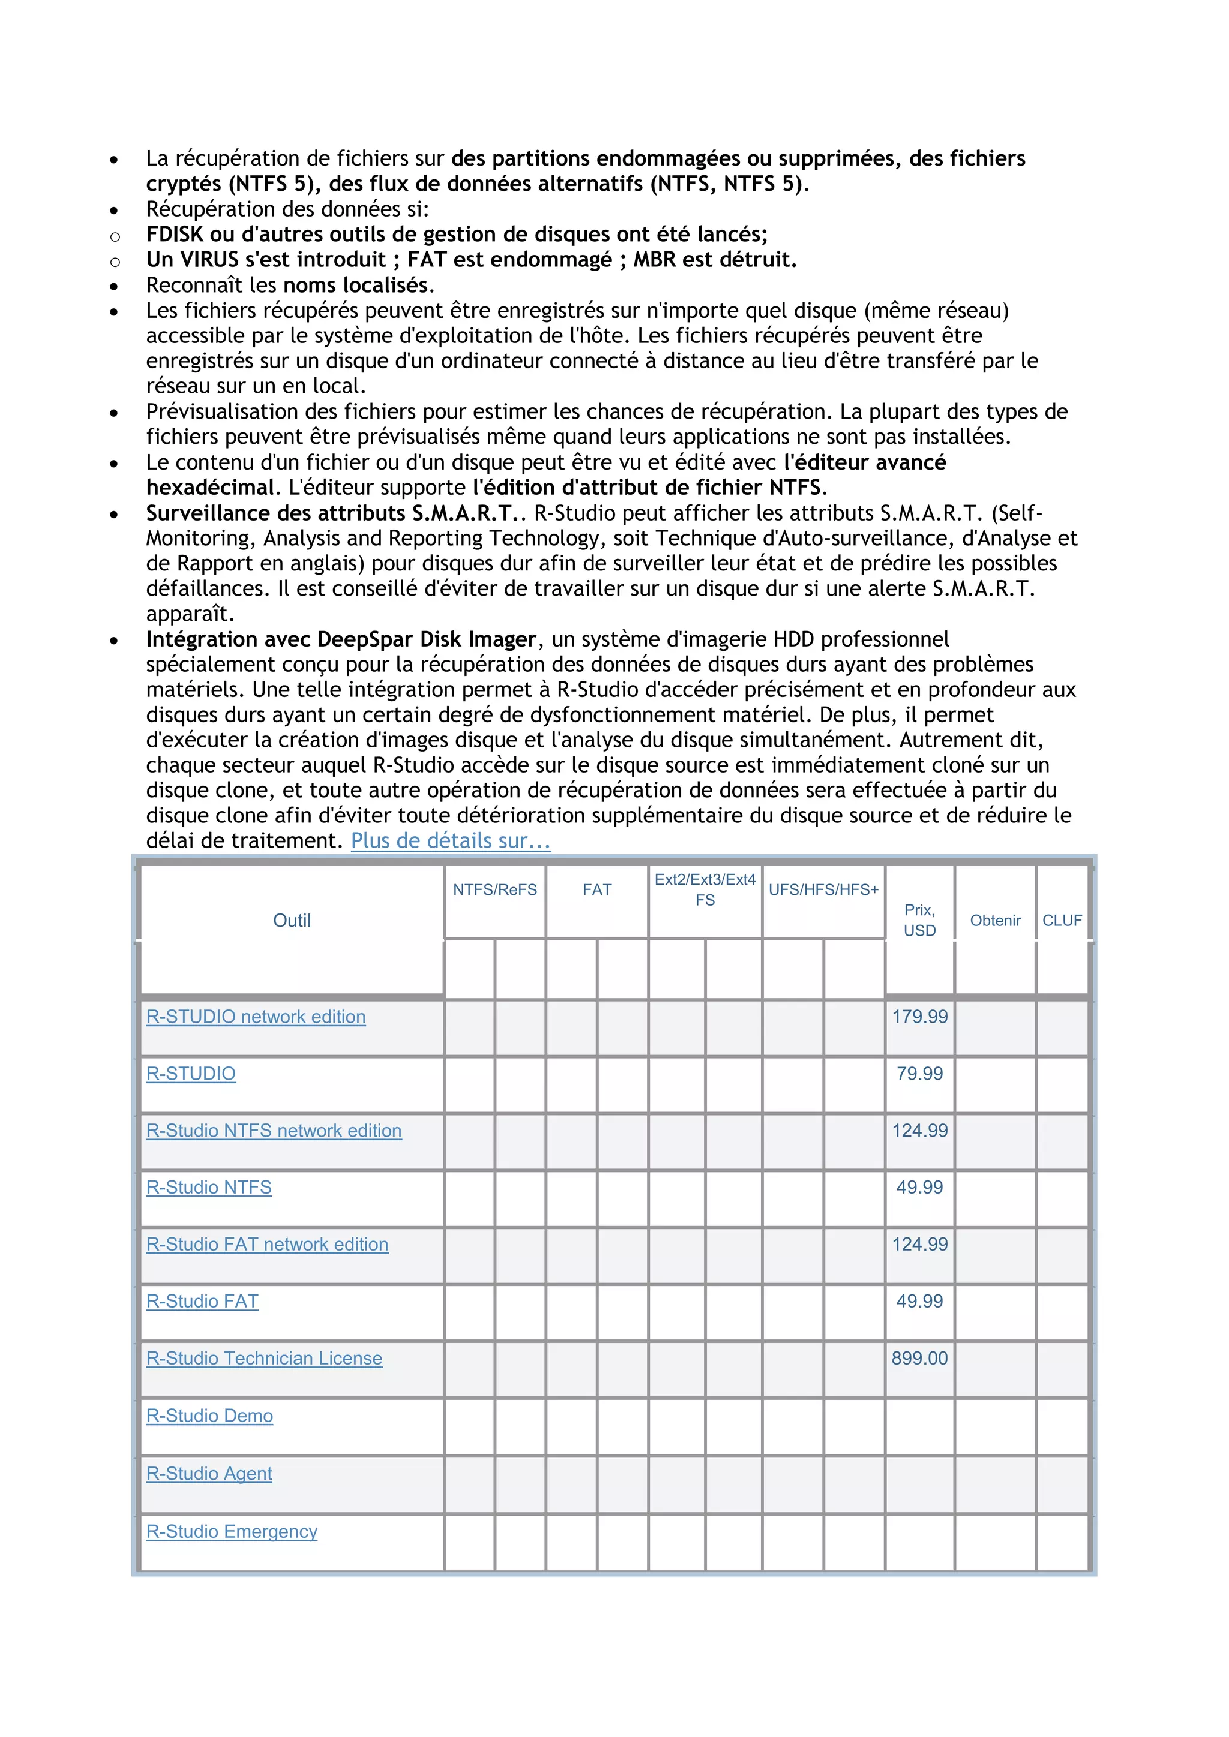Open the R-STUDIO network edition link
tap(256, 1017)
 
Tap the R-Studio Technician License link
tap(264, 1358)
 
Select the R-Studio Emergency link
tap(232, 1531)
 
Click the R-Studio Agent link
tap(209, 1474)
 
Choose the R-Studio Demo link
tap(209, 1416)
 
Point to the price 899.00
tap(919, 1358)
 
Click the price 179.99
tap(919, 1017)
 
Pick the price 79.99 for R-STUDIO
tap(919, 1074)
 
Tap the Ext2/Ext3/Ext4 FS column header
tap(705, 889)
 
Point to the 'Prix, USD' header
tap(919, 920)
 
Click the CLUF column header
tap(1062, 920)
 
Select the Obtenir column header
tap(995, 920)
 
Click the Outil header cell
tap(292, 920)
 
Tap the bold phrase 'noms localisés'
tap(355, 286)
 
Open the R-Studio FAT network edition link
tap(267, 1245)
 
